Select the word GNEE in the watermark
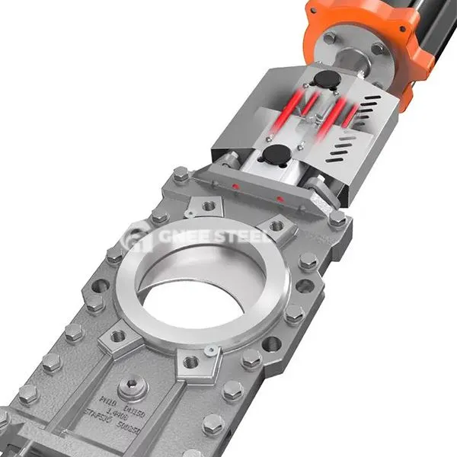tap(177, 237)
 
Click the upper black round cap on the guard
tap(327, 78)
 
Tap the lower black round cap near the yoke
tap(272, 155)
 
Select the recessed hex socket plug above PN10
tap(132, 385)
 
